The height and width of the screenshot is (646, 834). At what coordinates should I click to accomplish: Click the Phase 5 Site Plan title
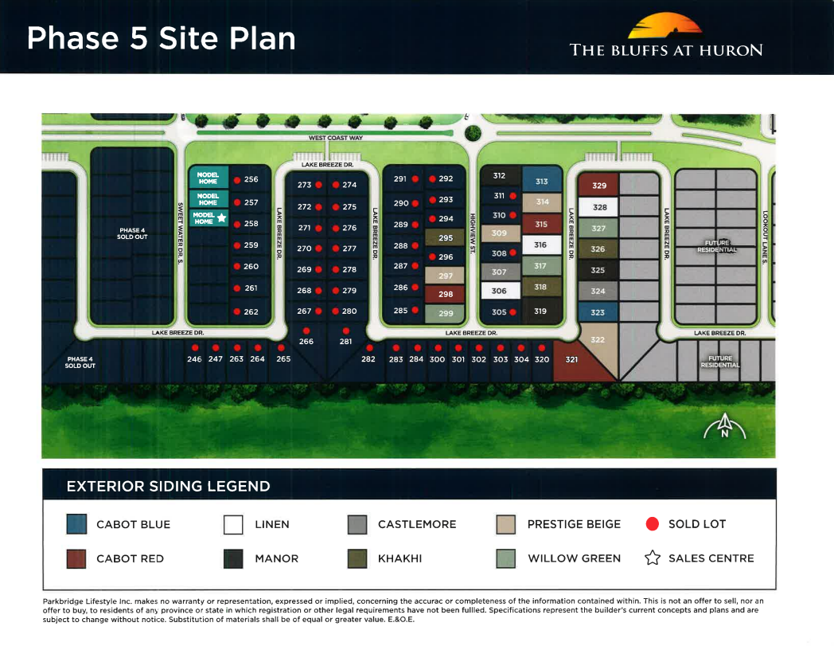[161, 38]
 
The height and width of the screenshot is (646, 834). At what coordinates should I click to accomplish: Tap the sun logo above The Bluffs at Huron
[664, 26]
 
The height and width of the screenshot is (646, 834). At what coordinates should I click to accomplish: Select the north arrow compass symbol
[724, 429]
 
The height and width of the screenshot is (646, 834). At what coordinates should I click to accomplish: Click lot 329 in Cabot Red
[598, 186]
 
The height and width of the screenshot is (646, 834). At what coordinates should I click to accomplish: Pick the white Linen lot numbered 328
[599, 207]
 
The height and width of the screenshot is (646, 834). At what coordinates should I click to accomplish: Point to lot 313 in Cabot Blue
[542, 182]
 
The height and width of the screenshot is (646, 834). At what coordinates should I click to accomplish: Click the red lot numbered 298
[445, 295]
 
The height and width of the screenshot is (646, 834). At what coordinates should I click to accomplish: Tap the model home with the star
[208, 218]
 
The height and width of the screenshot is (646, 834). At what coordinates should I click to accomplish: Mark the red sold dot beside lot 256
[237, 180]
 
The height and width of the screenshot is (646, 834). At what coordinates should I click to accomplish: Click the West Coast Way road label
[335, 138]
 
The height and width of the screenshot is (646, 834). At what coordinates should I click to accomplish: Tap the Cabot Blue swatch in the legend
[76, 524]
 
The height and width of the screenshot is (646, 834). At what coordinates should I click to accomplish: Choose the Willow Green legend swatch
[505, 558]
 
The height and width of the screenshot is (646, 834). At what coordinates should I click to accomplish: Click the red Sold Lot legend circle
[653, 524]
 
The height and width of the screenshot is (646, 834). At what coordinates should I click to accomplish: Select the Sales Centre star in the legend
[653, 558]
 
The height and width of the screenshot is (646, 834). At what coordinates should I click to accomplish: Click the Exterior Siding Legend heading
[168, 486]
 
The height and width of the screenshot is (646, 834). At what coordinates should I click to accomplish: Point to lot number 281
[345, 342]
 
